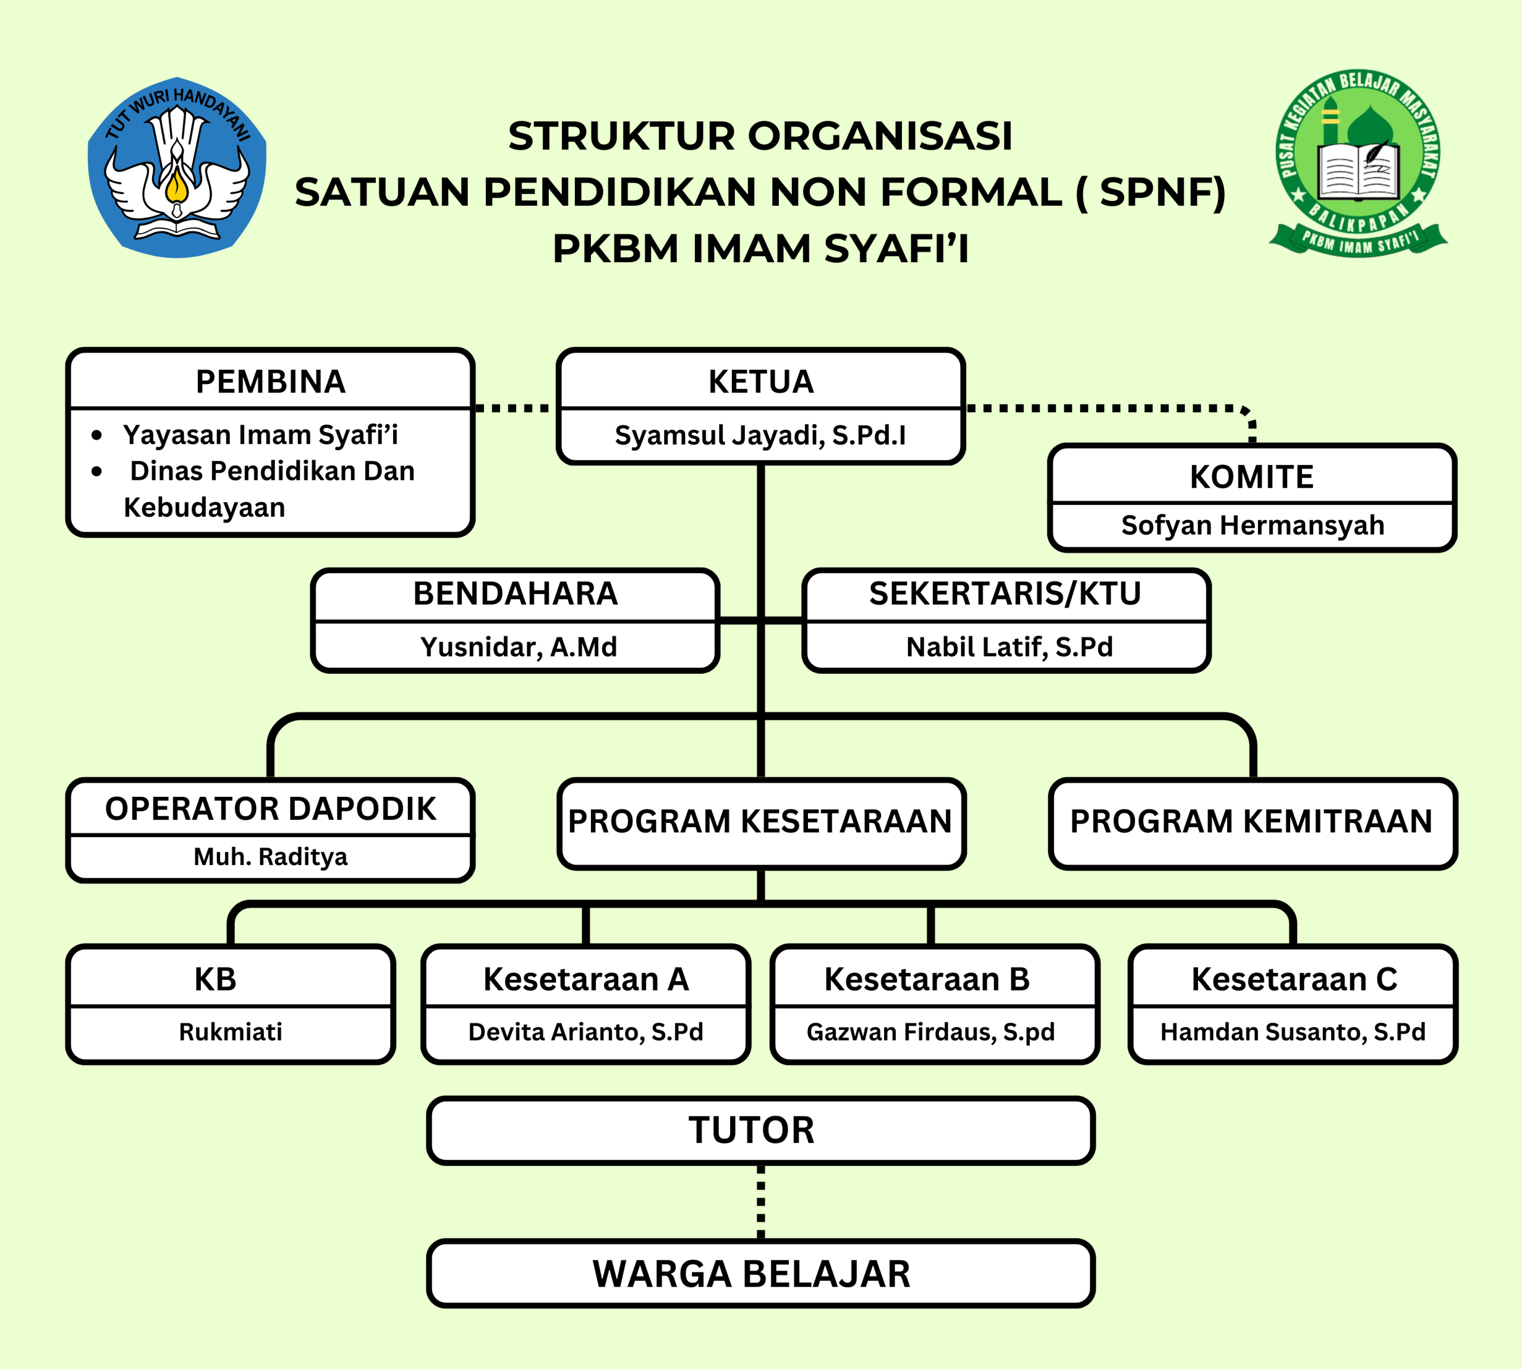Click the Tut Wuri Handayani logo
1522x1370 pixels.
coord(177,167)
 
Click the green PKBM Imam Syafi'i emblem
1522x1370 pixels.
coord(1358,164)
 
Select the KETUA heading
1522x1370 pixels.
coord(761,382)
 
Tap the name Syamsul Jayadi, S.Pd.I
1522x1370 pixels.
coord(760,435)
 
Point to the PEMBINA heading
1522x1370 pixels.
coord(271,382)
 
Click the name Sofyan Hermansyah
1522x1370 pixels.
coord(1251,524)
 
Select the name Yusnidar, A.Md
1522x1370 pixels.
coord(518,646)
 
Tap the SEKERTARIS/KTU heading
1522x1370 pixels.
coord(1005,593)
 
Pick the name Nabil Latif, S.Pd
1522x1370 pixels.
coord(1009,646)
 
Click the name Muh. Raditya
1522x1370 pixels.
coord(271,857)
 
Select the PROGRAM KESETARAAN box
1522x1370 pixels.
coord(760,821)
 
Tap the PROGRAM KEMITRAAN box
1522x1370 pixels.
coord(1251,821)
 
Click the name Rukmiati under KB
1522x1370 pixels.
coord(230,1031)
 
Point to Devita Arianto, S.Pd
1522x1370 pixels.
coord(586,1031)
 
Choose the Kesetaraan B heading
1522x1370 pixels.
coord(927,979)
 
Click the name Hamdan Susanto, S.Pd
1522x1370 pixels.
coord(1293,1031)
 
